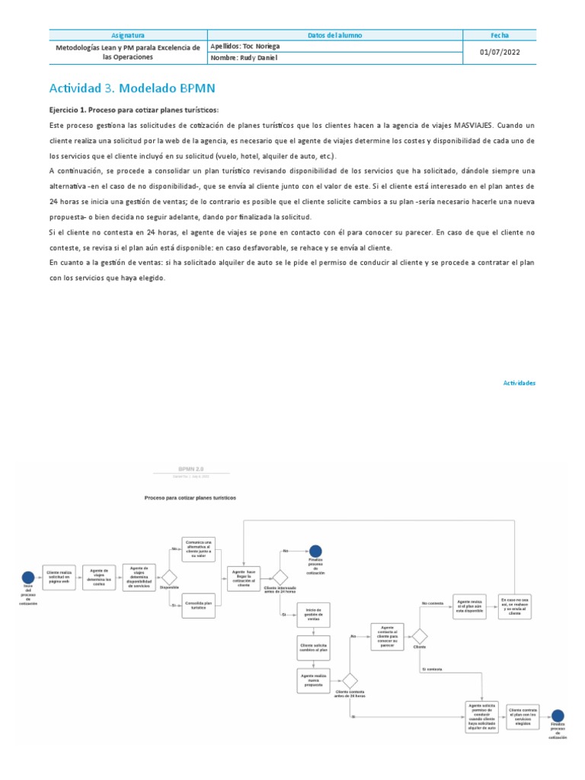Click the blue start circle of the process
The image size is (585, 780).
pyautogui.click(x=28, y=577)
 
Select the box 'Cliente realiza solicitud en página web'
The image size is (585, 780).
pyautogui.click(x=60, y=577)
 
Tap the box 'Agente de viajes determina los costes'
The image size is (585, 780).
pyautogui.click(x=100, y=577)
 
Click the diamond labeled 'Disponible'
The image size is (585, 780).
pyautogui.click(x=169, y=577)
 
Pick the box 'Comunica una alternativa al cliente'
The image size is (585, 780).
pyautogui.click(x=200, y=548)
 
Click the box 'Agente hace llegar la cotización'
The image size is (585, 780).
pyautogui.click(x=244, y=577)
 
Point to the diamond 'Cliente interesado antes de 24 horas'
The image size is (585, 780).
pyautogui.click(x=280, y=577)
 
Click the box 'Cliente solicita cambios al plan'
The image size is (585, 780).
pyautogui.click(x=313, y=647)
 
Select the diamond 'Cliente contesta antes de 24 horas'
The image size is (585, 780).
pyautogui.click(x=350, y=680)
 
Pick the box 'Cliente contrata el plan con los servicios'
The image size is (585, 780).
pyautogui.click(x=523, y=715)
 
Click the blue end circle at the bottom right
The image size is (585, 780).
pyautogui.click(x=558, y=715)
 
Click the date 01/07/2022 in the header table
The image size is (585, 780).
pyautogui.click(x=500, y=52)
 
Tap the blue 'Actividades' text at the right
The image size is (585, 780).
pyautogui.click(x=519, y=383)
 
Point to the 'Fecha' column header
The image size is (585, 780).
pyautogui.click(x=500, y=35)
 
